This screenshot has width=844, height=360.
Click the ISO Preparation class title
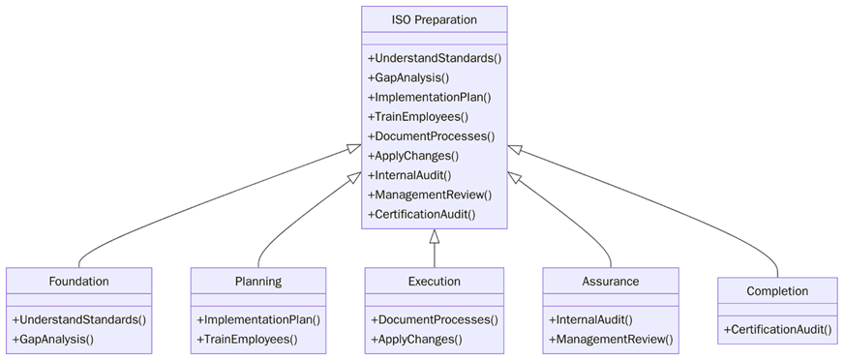[434, 19]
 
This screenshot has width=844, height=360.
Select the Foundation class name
[78, 282]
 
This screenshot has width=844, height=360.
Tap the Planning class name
[257, 282]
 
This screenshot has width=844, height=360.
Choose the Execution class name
[434, 282]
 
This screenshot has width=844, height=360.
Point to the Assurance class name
[610, 282]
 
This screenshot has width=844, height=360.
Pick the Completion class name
[777, 291]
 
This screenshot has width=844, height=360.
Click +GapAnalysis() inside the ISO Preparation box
[408, 77]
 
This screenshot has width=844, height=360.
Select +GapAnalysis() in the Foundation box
[53, 339]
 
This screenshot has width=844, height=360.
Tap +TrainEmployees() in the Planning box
[247, 339]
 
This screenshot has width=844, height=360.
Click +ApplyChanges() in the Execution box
[416, 339]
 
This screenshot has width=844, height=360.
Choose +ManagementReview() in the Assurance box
[611, 339]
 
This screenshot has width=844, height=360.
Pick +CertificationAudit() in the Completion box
[777, 329]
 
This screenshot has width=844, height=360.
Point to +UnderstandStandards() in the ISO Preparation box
[435, 58]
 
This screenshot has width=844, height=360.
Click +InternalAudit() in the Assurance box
[590, 319]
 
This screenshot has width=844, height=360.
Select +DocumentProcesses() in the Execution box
[434, 319]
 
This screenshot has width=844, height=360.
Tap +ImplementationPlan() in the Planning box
[258, 319]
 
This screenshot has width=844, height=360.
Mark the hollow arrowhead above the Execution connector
[435, 237]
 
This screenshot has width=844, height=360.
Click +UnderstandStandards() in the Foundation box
[78, 319]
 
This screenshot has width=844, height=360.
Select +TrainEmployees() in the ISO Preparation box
[418, 116]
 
